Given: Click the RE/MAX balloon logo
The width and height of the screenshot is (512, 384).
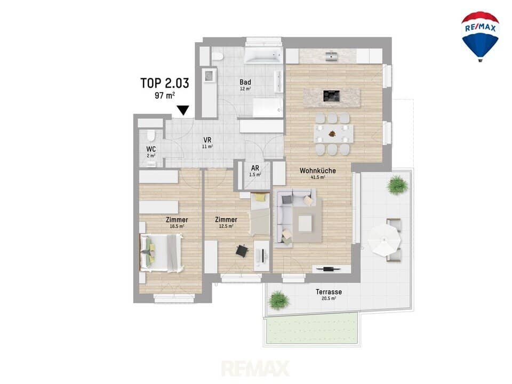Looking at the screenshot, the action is (x=480, y=36).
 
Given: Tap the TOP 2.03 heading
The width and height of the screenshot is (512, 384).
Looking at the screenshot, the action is (x=165, y=83).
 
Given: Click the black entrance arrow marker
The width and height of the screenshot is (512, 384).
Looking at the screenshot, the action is (x=183, y=110).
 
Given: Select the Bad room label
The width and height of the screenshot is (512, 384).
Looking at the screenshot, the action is (x=245, y=82).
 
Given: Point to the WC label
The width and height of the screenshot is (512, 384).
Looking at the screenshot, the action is (x=151, y=149).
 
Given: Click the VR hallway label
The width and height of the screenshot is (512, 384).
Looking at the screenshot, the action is (x=207, y=140).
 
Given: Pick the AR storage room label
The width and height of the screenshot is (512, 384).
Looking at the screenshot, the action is (x=255, y=168).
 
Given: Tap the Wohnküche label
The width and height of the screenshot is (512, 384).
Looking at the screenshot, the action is (x=318, y=171).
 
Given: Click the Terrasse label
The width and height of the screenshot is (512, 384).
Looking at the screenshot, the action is (x=329, y=292).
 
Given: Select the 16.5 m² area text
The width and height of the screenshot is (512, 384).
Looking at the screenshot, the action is (x=177, y=226).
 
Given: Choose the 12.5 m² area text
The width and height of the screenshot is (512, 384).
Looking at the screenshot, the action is (x=226, y=226).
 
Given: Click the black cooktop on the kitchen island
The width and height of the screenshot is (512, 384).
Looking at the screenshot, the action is (x=331, y=96).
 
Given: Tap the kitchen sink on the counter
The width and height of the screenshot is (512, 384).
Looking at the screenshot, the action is (x=332, y=56).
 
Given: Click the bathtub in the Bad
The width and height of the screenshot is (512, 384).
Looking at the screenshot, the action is (x=263, y=55).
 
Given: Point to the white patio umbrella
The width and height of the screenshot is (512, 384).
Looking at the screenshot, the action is (x=385, y=241).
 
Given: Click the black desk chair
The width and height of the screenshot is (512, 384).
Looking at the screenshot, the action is (x=242, y=251).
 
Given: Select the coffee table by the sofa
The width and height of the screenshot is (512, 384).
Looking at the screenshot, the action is (x=305, y=223).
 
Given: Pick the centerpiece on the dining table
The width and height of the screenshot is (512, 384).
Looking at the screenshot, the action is (x=332, y=133).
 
